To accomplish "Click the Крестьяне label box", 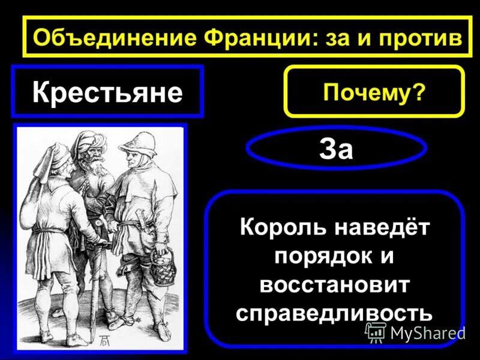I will point(107,92).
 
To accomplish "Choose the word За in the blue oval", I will point(336,148).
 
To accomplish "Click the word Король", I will point(280,228).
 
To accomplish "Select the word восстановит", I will point(334,284).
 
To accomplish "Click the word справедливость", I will point(334,313).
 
